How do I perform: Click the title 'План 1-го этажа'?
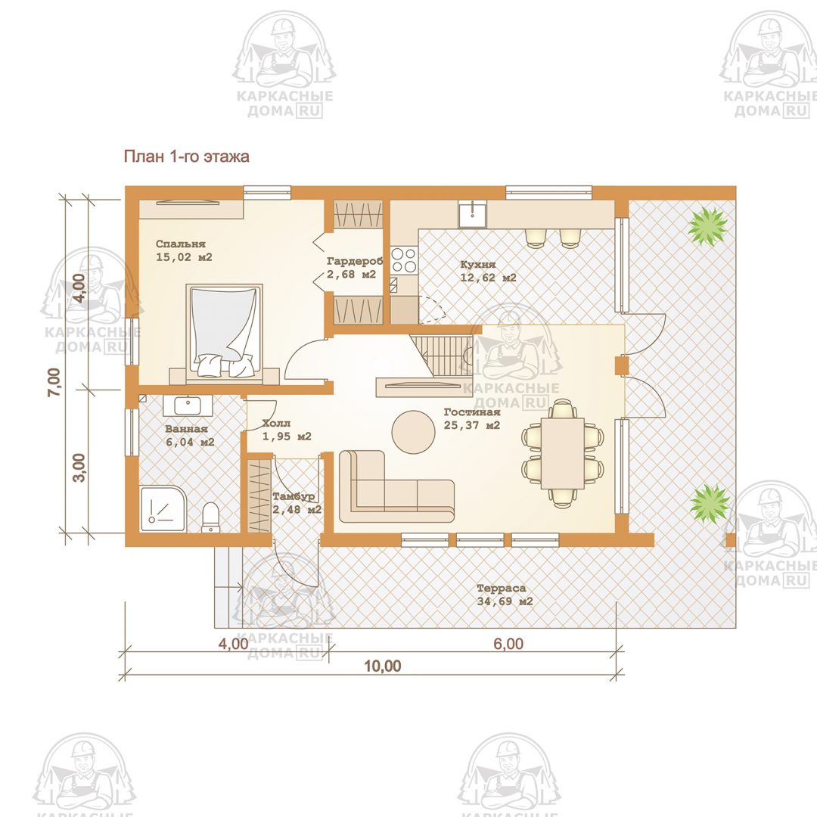coord(186,157)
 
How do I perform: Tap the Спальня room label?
coord(180,244)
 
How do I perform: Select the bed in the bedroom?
coord(225,330)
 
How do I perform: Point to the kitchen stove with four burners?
coord(404,259)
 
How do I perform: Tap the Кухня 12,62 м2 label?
coord(488,272)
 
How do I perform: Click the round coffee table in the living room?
coord(413,432)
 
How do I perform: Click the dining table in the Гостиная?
coord(563,453)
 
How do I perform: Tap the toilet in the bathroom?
coord(210,517)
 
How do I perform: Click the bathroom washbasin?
coord(188,405)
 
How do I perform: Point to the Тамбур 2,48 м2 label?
coord(297,503)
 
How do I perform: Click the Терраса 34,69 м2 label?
coord(505,595)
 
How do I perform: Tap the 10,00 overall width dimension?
coord(383,666)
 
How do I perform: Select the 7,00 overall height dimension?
coord(54,382)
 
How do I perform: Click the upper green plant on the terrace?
coord(707,225)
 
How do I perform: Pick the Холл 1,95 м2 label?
coord(287,430)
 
